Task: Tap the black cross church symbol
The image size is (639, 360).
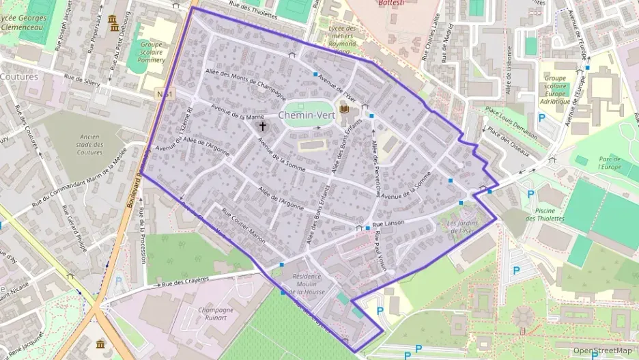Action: point(263,126)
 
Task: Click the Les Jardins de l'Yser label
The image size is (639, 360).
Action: point(460,227)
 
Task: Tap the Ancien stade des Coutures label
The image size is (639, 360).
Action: point(89,144)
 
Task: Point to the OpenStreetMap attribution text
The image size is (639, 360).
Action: point(602,350)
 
